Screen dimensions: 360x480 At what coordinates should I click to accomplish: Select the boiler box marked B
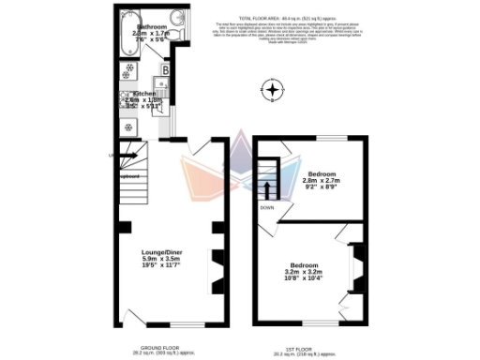[x=165, y=69]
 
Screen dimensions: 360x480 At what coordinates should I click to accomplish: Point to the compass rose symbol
[x=272, y=91]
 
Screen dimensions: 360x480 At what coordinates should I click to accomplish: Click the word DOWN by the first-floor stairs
[x=267, y=207]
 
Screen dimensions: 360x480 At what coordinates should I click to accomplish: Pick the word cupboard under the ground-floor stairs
[x=127, y=175]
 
